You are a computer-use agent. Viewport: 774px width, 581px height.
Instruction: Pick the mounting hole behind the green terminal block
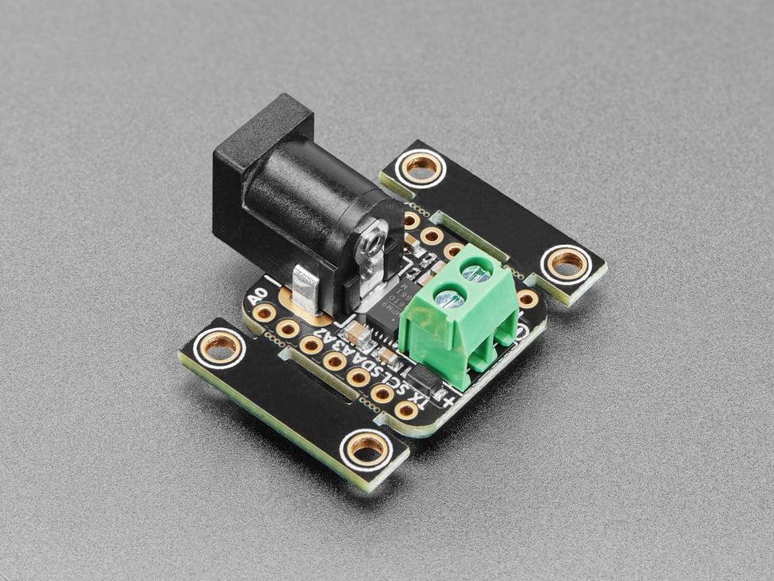tap(567, 261)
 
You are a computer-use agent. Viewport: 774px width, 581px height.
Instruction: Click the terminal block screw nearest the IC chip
tap(449, 299)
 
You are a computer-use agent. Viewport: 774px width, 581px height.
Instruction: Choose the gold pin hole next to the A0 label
tap(264, 313)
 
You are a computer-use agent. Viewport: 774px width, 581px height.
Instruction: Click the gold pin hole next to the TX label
tap(406, 410)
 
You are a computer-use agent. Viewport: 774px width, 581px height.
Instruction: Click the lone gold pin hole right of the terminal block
tap(527, 298)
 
